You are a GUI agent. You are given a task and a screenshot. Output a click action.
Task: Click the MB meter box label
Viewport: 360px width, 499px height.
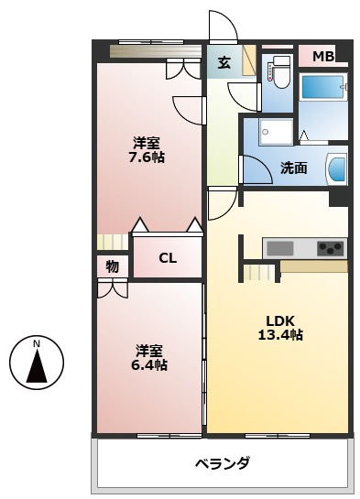point(323,57)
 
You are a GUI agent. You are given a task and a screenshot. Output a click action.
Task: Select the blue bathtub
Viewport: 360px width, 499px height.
point(322,87)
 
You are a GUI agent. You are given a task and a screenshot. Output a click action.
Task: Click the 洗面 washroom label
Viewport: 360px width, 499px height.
point(293,168)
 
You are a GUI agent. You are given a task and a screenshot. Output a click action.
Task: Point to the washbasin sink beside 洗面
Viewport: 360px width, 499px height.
point(337,168)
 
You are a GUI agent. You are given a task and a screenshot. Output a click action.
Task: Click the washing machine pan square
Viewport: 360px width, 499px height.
point(276,132)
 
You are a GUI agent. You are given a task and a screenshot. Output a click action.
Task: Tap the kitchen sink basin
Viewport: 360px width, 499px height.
point(280,248)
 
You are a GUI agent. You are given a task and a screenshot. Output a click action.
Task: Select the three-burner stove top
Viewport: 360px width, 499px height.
point(330,248)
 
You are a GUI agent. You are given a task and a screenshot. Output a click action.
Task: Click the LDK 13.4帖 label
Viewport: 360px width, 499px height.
point(280,328)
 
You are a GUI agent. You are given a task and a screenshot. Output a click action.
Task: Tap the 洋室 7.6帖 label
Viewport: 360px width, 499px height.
point(147,150)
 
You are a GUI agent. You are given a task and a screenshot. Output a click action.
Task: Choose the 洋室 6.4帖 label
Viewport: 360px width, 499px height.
point(149,357)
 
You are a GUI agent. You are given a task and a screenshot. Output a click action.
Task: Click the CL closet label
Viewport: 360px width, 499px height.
point(168,258)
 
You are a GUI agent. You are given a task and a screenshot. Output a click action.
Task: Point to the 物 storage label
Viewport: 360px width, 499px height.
point(113,266)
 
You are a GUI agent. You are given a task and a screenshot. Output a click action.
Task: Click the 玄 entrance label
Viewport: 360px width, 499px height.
point(224,62)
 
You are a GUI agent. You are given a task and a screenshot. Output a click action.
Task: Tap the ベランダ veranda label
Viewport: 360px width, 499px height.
point(223,463)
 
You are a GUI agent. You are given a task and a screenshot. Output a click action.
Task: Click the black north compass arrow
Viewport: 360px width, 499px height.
point(37,365)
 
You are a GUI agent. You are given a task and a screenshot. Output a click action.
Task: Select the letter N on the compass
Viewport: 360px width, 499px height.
point(37,343)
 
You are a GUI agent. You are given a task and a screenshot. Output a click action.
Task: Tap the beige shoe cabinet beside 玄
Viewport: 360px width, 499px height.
point(249,60)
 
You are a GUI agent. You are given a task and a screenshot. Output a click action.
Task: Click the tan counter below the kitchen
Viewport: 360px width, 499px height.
point(314,266)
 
